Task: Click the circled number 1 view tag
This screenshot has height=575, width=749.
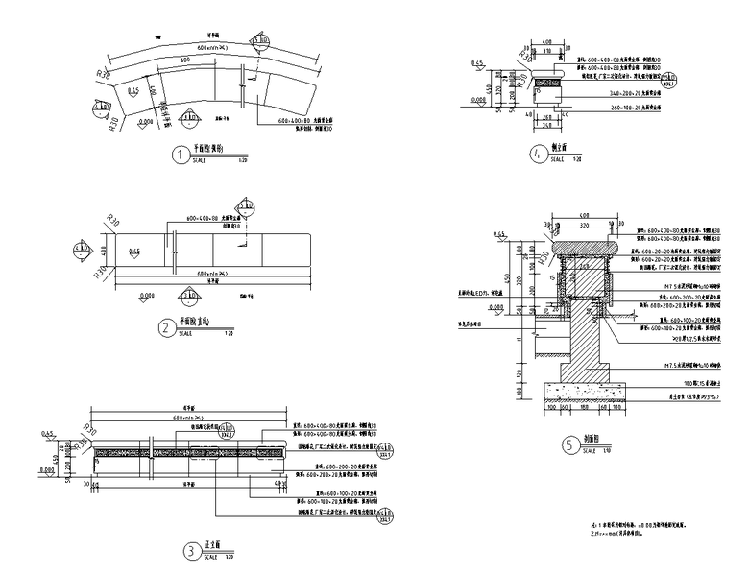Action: pos(177,154)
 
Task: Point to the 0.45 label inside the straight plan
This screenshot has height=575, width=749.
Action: pos(134,252)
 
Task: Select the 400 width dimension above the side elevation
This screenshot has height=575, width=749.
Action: pos(544,43)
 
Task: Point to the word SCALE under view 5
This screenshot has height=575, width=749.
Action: pos(588,449)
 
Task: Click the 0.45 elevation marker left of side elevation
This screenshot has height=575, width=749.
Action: pos(477,64)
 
